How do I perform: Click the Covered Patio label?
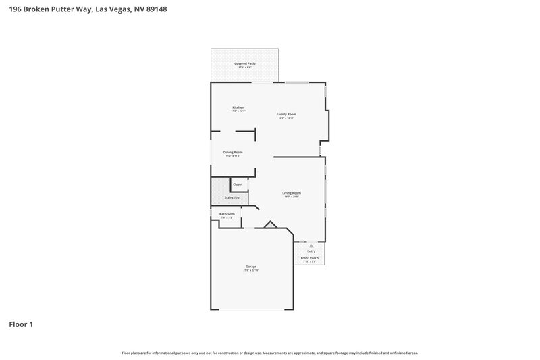click(244, 63)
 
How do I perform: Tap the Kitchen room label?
click(238, 107)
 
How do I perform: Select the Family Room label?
click(286, 114)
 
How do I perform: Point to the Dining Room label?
click(233, 152)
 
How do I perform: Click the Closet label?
click(238, 184)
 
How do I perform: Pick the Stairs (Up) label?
click(232, 197)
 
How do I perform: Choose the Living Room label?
click(292, 192)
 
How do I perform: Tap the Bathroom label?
click(227, 214)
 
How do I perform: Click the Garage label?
click(250, 266)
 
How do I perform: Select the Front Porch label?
click(309, 258)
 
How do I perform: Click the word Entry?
click(311, 251)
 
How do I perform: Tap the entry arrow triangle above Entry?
click(311, 245)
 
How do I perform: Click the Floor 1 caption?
click(21, 324)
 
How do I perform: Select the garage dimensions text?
click(250, 270)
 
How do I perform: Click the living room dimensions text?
click(292, 197)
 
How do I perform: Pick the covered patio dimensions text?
click(244, 68)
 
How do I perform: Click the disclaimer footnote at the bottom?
click(269, 353)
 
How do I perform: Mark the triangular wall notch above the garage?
click(270, 225)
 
